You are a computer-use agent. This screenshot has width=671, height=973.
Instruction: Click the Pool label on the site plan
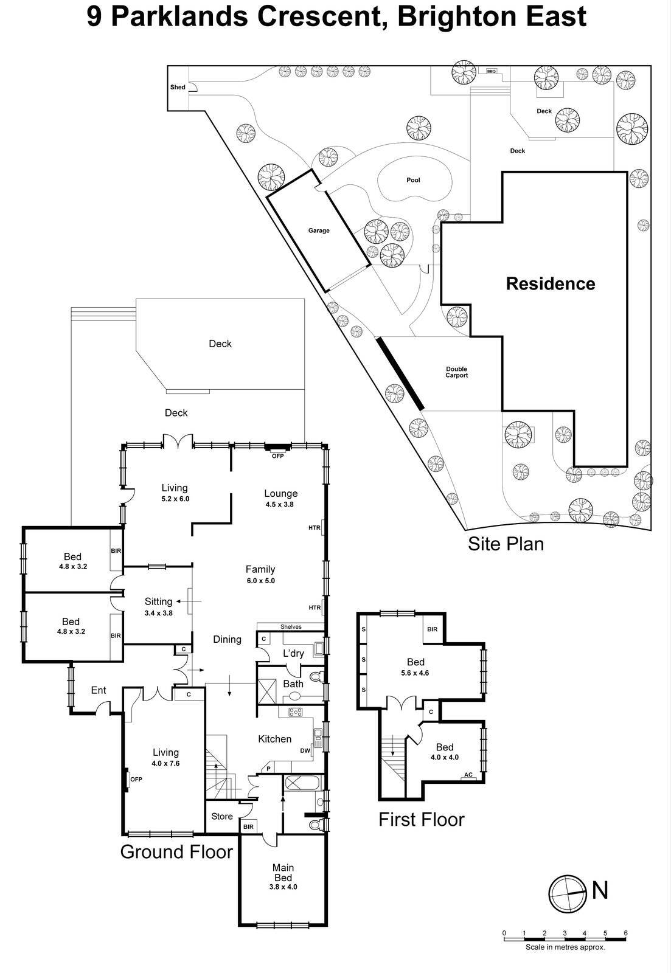coord(413,180)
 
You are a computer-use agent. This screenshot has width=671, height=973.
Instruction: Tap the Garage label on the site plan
coord(319,230)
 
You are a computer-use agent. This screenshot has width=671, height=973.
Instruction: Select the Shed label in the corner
coord(178,87)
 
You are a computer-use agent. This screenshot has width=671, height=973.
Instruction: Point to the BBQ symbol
coord(491,71)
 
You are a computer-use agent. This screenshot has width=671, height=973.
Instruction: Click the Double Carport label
coord(456,372)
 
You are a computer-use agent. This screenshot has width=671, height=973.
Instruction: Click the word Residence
coord(551,283)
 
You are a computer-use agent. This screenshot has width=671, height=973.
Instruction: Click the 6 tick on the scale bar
coord(625,933)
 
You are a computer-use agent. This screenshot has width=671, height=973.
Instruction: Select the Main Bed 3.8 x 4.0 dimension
coord(283,887)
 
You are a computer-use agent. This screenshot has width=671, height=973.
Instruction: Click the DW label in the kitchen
coord(305,750)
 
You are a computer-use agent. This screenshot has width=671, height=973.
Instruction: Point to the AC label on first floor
coord(468,775)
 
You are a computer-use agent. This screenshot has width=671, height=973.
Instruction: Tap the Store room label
coord(221,816)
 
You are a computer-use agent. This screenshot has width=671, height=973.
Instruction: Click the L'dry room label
coord(293,653)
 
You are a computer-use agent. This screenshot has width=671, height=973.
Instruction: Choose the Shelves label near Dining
coord(291,626)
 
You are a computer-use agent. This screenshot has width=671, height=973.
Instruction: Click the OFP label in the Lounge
coord(278,455)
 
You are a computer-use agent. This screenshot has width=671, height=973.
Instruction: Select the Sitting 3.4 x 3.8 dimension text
coord(158,613)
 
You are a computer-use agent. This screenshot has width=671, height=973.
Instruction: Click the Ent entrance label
coord(99,690)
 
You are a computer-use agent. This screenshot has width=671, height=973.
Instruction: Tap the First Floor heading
coord(421,819)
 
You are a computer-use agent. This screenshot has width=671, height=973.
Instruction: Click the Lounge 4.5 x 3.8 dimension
coord(280,504)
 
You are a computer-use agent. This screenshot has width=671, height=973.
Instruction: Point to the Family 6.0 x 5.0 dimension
coord(260,581)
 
